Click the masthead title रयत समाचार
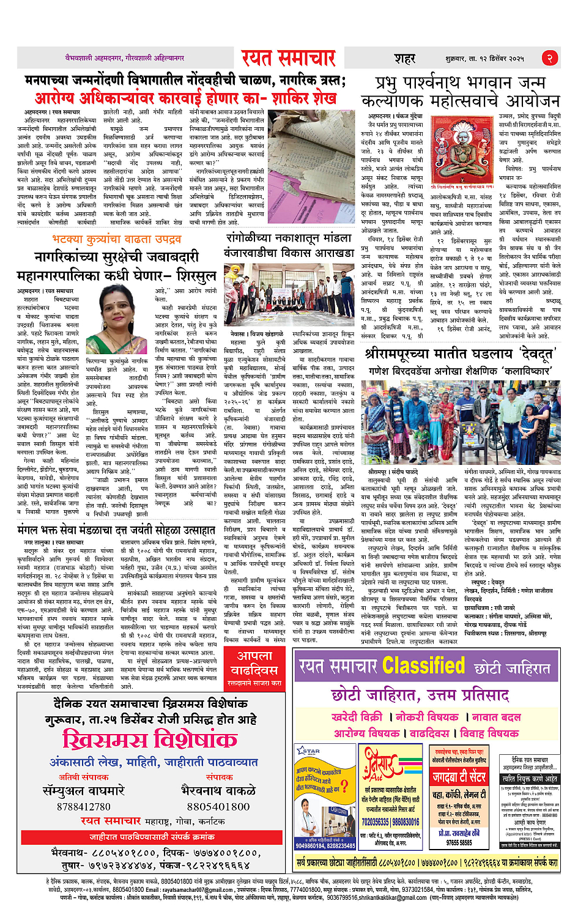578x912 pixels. click(x=288, y=58)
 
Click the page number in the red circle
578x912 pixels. click(x=549, y=58)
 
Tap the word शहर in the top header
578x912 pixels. click(x=404, y=58)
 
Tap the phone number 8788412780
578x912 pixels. click(x=84, y=807)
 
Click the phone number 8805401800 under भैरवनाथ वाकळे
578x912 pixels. click(x=218, y=807)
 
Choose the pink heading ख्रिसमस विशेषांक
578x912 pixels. click(x=150, y=740)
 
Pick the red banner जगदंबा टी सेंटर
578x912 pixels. click(x=459, y=777)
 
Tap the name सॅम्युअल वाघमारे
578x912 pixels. click(x=84, y=791)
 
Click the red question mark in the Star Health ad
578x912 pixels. click(x=344, y=786)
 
